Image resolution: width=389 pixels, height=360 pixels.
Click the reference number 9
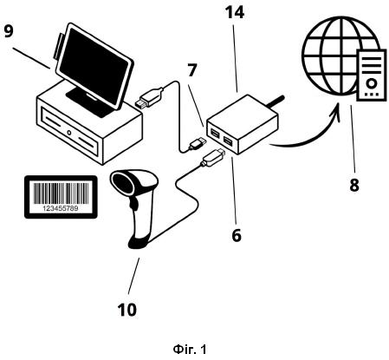click(9, 31)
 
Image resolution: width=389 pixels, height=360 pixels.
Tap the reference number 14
click(235, 12)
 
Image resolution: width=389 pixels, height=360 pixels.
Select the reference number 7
click(192, 70)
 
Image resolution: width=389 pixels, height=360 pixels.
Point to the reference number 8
click(354, 185)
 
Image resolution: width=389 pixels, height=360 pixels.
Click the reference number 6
click(237, 235)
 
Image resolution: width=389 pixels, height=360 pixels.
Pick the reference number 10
click(127, 310)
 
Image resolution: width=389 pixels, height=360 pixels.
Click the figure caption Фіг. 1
click(190, 350)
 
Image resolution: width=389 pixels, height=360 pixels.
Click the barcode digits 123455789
click(61, 208)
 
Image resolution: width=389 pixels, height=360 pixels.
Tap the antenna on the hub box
click(275, 102)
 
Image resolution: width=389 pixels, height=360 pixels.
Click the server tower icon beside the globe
click(372, 75)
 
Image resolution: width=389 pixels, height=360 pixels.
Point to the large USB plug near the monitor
click(149, 98)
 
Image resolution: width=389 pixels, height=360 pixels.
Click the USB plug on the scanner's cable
click(214, 157)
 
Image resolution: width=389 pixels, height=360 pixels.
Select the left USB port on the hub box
click(215, 133)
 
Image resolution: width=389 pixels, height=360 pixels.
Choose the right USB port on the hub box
click(228, 141)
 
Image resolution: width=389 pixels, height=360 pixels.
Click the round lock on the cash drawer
click(69, 133)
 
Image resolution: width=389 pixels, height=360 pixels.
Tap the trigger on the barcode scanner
click(134, 203)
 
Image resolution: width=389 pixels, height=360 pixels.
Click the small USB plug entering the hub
click(198, 143)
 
